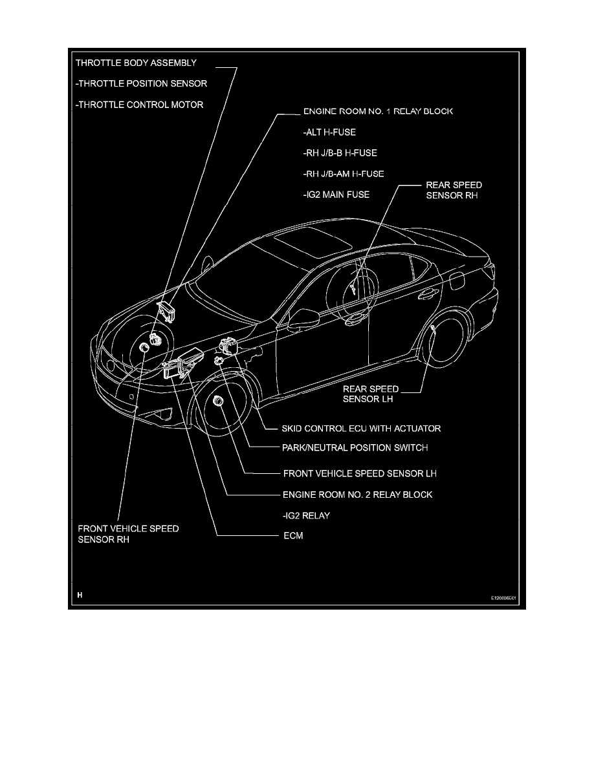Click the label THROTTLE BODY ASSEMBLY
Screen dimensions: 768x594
[136, 63]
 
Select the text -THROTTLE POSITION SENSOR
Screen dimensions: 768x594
[141, 83]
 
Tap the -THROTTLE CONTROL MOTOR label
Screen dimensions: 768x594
[139, 104]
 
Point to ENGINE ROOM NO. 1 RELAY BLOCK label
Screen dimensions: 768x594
[378, 111]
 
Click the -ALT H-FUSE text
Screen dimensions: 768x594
[329, 132]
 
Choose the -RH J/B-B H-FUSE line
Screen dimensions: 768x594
[339, 153]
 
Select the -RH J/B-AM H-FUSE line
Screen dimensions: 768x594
[343, 174]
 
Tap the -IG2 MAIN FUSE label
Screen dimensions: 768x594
[336, 195]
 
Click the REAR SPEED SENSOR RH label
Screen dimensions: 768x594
[454, 189]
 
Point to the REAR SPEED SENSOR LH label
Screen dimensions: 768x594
[370, 394]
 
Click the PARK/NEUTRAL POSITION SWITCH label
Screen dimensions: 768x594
[355, 447]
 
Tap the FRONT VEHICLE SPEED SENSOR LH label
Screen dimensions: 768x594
[360, 473]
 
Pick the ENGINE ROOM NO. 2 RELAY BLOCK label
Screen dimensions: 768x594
[357, 495]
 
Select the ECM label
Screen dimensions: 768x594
[292, 535]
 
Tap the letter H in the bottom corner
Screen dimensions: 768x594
[80, 594]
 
